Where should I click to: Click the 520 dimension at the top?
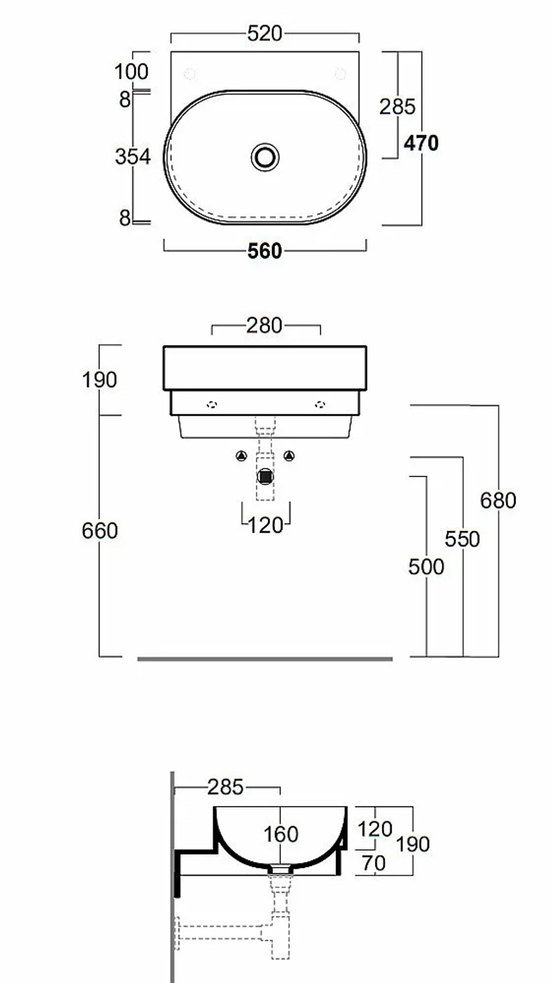[265, 34]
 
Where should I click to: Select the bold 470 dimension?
[422, 143]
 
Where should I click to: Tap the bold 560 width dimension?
[265, 251]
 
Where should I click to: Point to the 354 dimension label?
[133, 157]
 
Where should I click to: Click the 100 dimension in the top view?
[132, 72]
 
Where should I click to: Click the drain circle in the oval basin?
[266, 157]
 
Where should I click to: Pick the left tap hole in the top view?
[190, 74]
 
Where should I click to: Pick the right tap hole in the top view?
[341, 74]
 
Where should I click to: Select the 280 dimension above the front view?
[265, 326]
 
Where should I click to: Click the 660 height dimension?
[100, 531]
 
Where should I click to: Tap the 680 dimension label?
[498, 500]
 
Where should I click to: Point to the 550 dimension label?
[462, 539]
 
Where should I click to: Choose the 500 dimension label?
[426, 567]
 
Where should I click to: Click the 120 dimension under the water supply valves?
[266, 526]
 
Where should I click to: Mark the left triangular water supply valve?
[241, 456]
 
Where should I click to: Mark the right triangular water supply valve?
[289, 456]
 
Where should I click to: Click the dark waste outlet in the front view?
[266, 476]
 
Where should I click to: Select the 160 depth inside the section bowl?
[281, 834]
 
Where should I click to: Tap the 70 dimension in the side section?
[374, 864]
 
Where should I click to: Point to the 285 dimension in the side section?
[225, 788]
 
